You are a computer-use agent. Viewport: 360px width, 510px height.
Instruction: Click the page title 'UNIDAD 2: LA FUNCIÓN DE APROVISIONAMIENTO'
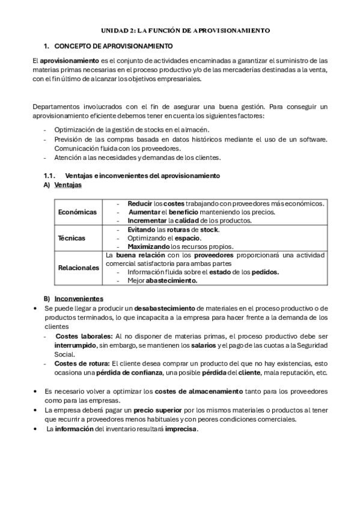point(185,29)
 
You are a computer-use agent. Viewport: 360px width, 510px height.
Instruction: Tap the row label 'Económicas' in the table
point(77,212)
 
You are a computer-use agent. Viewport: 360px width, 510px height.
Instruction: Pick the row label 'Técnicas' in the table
point(71,238)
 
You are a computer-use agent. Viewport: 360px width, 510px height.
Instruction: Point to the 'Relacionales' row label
point(79,268)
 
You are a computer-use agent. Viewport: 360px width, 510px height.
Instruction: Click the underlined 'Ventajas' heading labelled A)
point(68,185)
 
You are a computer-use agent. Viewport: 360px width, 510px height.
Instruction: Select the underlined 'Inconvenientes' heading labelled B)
point(78,299)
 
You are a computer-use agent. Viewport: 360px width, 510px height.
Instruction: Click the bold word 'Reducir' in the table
point(140,203)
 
